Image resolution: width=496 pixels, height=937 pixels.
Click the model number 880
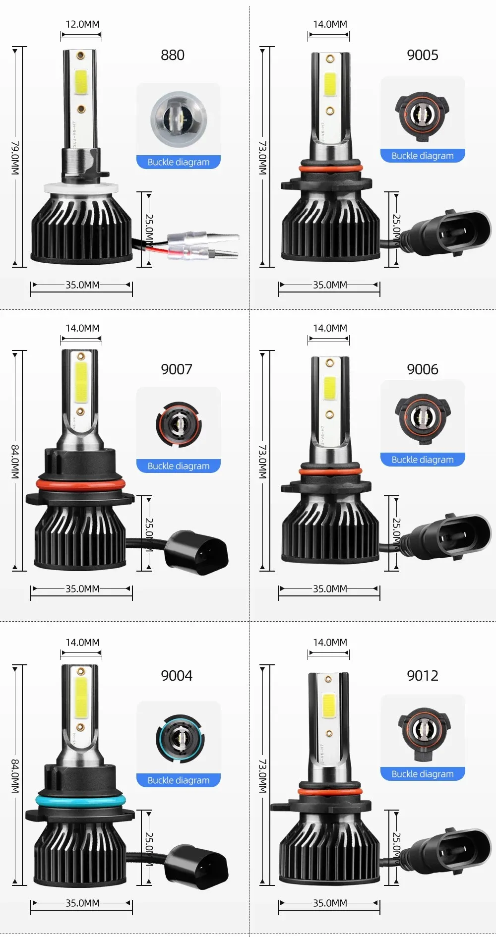coord(172,55)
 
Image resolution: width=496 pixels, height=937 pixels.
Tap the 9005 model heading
coord(422,55)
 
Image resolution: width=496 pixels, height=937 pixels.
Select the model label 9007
coord(176,369)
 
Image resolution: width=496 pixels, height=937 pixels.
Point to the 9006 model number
coord(422,369)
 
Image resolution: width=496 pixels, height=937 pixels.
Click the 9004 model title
coord(176,676)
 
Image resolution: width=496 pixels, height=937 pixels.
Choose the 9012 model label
coord(422,676)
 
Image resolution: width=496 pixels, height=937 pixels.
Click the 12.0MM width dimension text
coord(82,24)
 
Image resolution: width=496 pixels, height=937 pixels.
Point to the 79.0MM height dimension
coord(15,158)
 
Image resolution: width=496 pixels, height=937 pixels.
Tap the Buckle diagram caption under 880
coord(178,162)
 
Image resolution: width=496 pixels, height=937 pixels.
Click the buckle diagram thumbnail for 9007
coord(179,424)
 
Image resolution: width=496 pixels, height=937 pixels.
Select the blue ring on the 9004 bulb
coord(80,799)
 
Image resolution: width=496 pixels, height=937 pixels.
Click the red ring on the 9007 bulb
coord(80,484)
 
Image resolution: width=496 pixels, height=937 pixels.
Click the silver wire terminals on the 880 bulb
coord(203,245)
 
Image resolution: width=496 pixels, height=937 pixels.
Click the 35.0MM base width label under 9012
coord(330,903)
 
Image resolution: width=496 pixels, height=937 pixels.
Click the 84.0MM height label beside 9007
coord(15,462)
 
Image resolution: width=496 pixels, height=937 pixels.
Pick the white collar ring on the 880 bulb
coord(81,188)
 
